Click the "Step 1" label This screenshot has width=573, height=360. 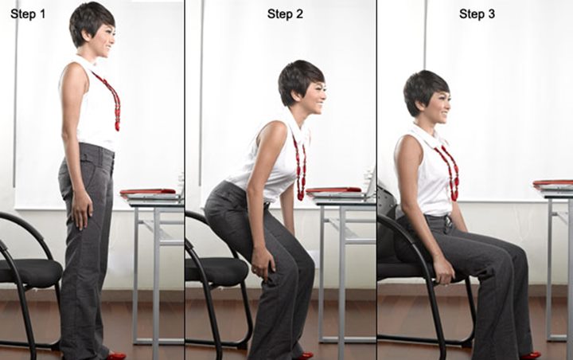pos(28,14)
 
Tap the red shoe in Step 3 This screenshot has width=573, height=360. pos(529,355)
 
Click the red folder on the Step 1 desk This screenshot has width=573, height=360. pos(148,192)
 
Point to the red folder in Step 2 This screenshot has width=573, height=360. pos(334,190)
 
